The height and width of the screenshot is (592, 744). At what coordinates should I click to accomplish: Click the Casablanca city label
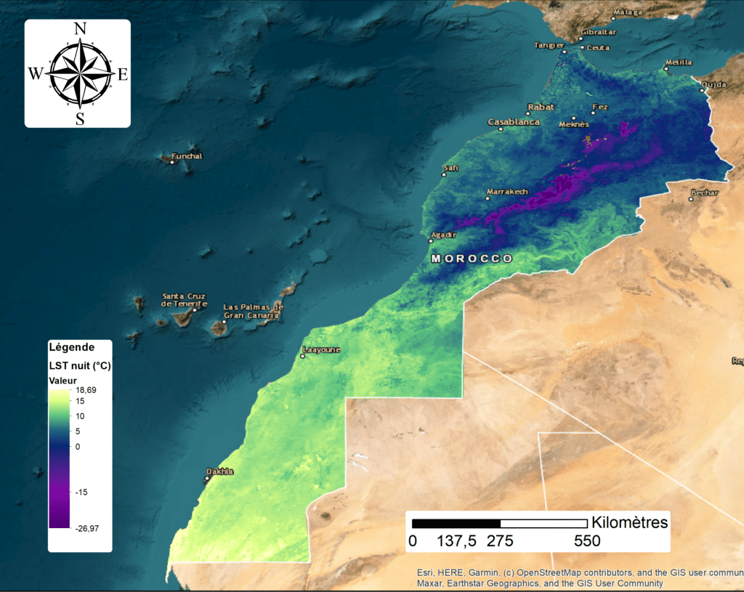[x=514, y=122]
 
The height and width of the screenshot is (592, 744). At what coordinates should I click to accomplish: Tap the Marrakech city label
[x=507, y=192]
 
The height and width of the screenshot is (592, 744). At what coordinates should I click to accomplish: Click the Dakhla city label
[x=220, y=471]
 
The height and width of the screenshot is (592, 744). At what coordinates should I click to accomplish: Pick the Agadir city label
[x=444, y=235]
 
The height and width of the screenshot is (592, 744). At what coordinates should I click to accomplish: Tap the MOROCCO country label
[x=472, y=259]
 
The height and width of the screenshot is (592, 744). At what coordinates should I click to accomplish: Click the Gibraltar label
[x=600, y=33]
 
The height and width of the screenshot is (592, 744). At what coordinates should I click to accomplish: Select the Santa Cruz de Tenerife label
[x=184, y=300]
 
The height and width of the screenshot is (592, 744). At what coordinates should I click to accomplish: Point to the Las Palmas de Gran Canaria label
[x=252, y=311]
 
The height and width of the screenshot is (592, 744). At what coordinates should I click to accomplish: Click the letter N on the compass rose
[x=80, y=30]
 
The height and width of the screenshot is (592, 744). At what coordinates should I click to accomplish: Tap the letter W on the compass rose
[x=36, y=73]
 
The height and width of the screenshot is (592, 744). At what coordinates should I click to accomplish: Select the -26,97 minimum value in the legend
[x=87, y=528]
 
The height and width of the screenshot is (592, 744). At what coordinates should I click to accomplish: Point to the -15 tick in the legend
[x=82, y=492]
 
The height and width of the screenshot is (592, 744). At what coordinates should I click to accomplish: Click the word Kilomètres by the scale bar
[x=629, y=522]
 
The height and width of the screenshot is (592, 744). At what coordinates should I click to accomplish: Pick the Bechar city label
[x=704, y=192]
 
